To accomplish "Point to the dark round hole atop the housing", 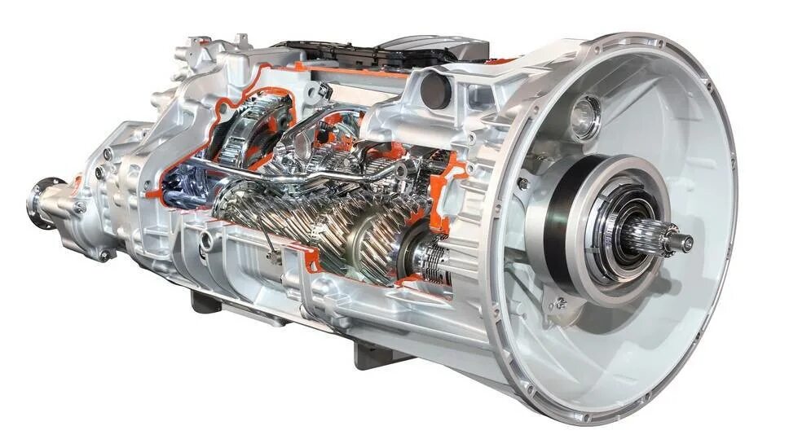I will point(436,89).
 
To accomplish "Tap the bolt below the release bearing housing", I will point(561,303).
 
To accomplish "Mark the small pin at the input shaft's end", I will point(686,242).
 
